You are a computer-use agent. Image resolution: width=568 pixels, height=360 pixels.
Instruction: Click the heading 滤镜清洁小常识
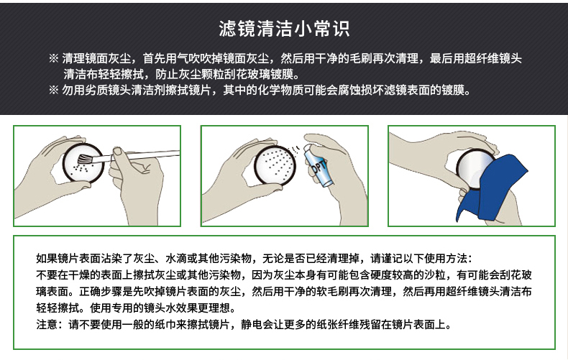[284, 29]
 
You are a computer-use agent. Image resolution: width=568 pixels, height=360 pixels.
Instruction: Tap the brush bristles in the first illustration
[85, 159]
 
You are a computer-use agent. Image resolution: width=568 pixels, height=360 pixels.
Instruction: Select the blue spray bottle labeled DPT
[316, 165]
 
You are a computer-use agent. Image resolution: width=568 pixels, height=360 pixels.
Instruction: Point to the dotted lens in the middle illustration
[275, 165]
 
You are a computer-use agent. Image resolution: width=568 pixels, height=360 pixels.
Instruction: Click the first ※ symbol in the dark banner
[54, 58]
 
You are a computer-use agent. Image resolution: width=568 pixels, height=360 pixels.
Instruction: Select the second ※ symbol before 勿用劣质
[54, 90]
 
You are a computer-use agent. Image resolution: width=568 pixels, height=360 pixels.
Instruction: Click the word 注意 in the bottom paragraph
[47, 324]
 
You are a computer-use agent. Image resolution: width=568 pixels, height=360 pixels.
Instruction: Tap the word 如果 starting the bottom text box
[47, 258]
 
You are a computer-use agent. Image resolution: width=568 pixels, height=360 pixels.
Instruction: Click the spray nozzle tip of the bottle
[307, 147]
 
